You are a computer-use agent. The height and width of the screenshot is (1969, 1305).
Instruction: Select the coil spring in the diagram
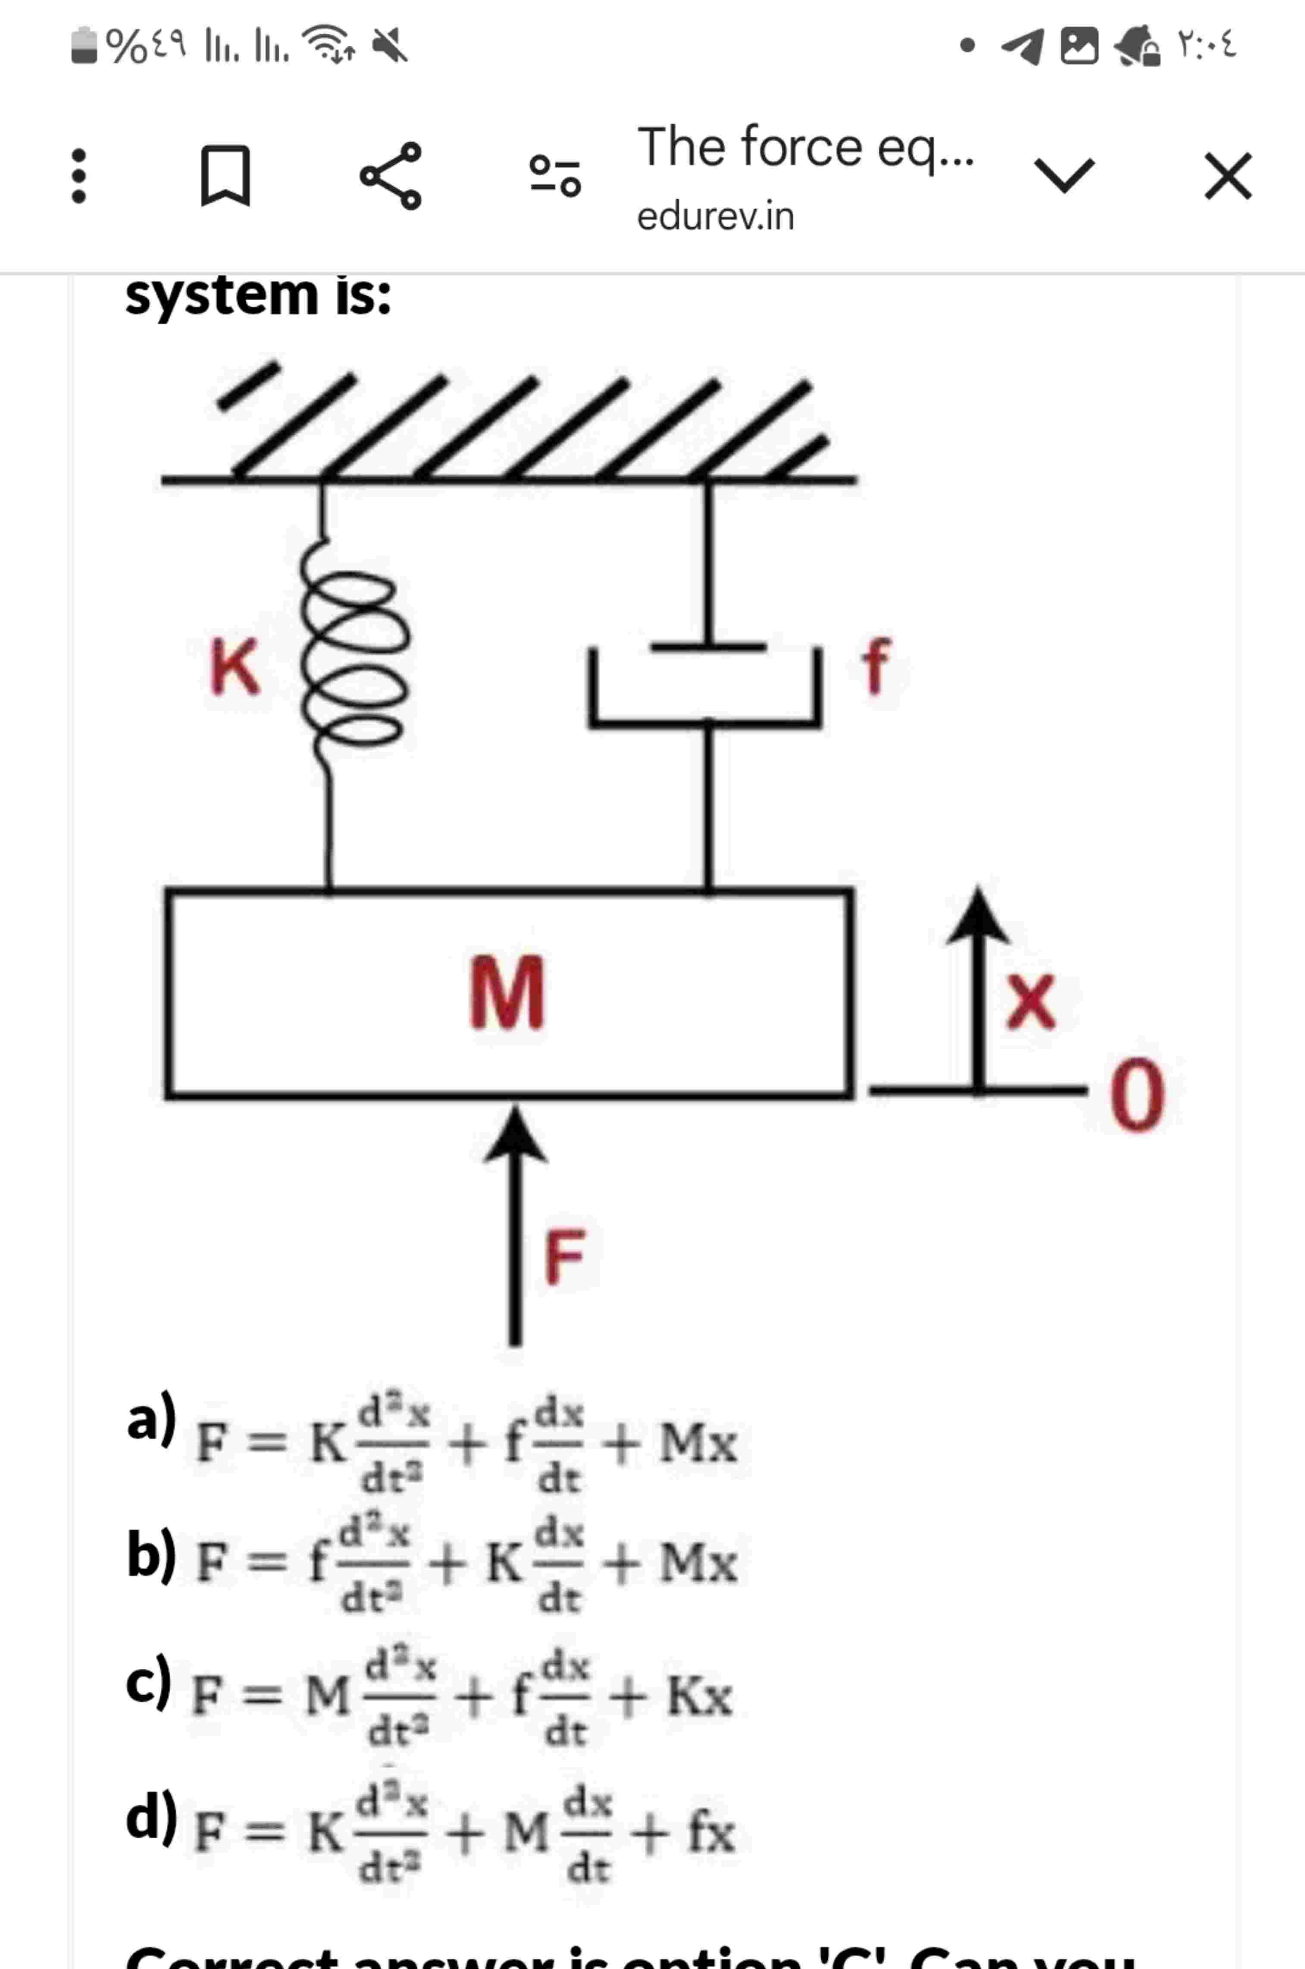pyautogui.click(x=354, y=658)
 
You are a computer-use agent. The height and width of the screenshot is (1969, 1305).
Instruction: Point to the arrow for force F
pyautogui.click(x=515, y=1224)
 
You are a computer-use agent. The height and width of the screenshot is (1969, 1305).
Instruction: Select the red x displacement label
pyautogui.click(x=1030, y=1002)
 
